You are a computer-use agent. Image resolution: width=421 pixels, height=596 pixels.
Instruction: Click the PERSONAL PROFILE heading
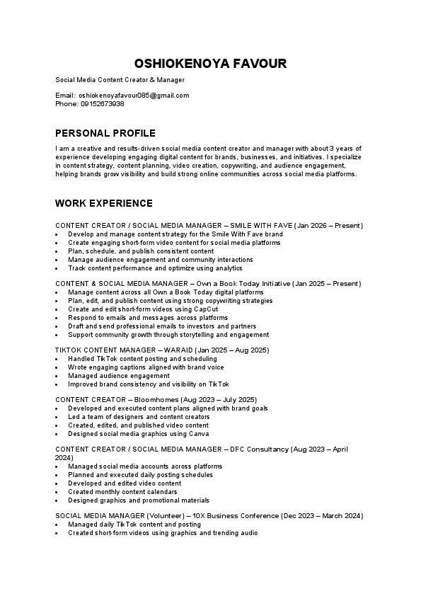(105, 133)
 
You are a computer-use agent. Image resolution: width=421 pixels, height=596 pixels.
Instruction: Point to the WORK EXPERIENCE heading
(104, 203)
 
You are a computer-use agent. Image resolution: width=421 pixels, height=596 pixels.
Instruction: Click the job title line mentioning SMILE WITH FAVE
(209, 225)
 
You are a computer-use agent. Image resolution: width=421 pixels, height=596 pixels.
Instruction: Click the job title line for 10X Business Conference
(209, 516)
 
